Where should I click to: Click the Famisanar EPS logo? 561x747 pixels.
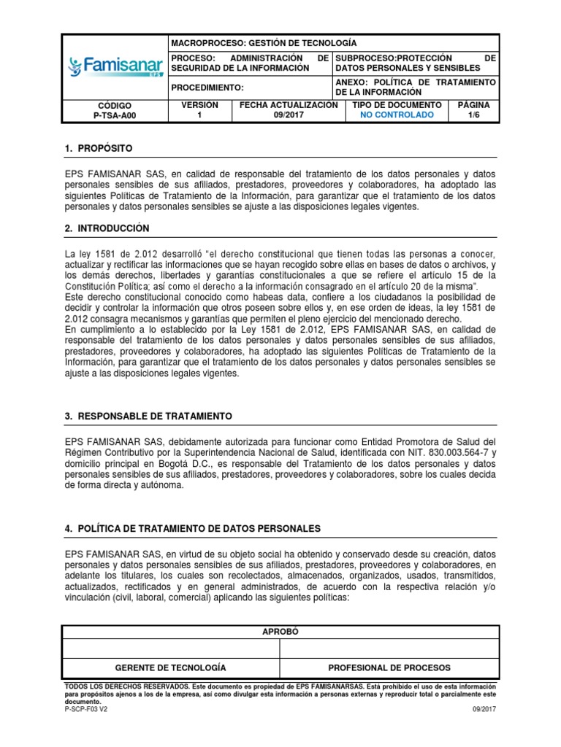click(115, 68)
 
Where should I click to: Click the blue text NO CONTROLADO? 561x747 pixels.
click(397, 115)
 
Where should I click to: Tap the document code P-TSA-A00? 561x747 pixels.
click(115, 115)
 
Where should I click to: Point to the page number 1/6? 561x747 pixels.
click(473, 115)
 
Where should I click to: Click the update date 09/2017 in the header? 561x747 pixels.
click(289, 115)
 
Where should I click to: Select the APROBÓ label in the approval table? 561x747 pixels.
click(280, 632)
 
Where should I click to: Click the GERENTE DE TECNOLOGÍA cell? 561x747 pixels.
click(171, 667)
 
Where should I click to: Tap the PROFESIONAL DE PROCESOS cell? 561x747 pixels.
click(389, 667)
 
